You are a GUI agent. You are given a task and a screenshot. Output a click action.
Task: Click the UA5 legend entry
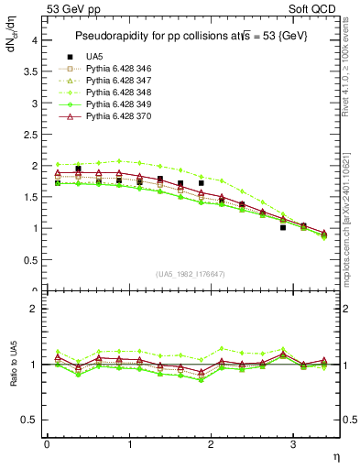click(x=94, y=57)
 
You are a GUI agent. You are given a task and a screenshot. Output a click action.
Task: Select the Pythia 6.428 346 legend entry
click(x=117, y=69)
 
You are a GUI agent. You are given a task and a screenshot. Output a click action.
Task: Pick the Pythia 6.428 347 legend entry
click(x=117, y=81)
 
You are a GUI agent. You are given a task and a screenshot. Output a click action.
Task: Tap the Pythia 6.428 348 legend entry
click(x=117, y=93)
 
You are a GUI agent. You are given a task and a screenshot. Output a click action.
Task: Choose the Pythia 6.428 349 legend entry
click(x=117, y=104)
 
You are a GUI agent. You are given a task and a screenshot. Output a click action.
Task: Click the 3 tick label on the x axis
click(x=292, y=444)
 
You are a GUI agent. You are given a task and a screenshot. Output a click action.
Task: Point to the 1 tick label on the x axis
click(x=129, y=444)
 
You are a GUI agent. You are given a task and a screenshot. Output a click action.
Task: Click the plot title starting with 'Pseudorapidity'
click(x=191, y=35)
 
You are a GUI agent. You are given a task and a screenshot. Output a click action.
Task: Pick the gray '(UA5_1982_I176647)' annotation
click(x=192, y=274)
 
